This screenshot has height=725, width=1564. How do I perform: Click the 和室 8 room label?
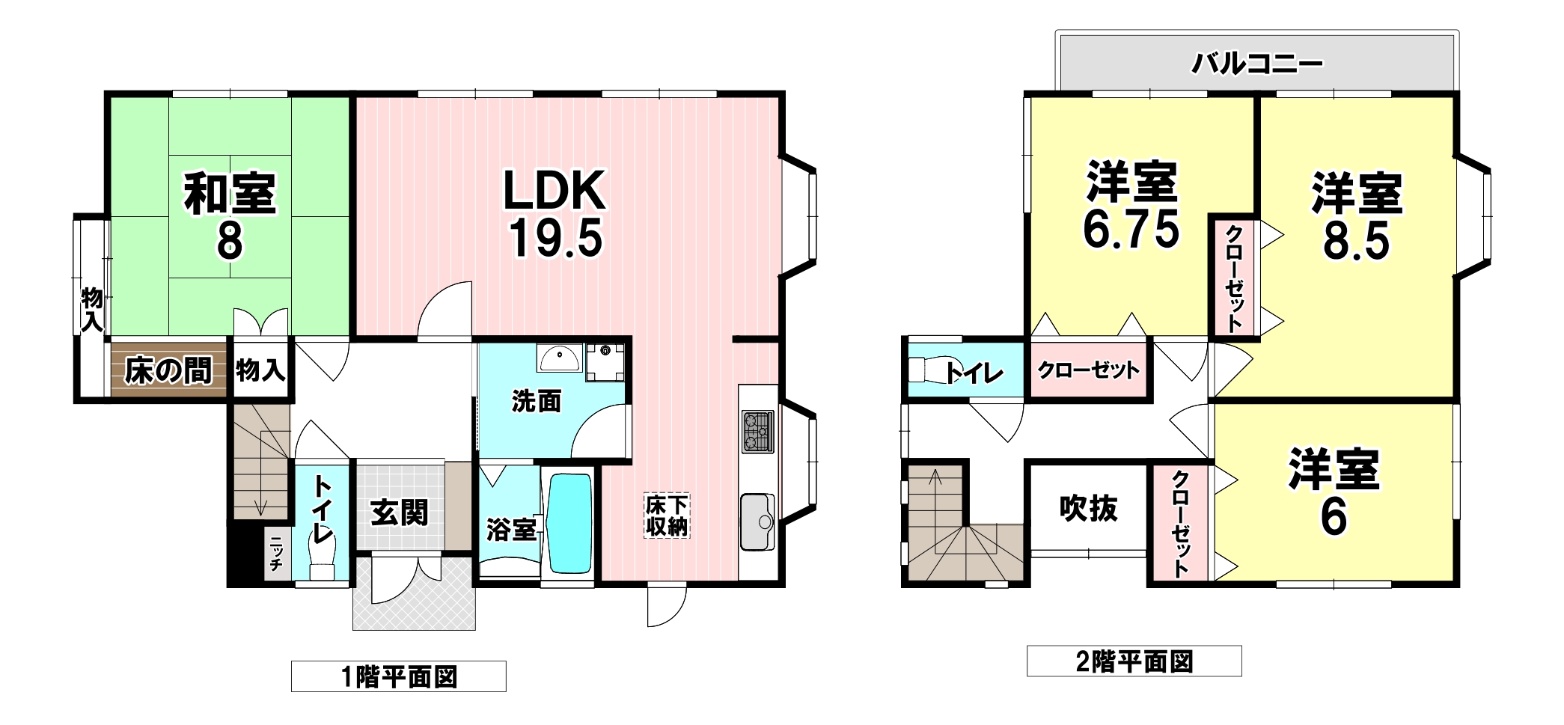[x=230, y=215]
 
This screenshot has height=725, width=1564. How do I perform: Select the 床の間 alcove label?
[x=168, y=370]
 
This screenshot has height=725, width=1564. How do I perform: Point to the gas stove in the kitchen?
[x=760, y=432]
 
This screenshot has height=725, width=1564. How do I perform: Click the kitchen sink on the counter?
[x=757, y=522]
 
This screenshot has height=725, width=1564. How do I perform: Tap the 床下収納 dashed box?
[x=666, y=516]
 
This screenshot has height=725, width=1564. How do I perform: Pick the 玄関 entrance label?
[x=399, y=513]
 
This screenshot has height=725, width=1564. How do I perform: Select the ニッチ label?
[x=275, y=554]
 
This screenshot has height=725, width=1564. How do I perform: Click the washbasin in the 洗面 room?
[x=558, y=359]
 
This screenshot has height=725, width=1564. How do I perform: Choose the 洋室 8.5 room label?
[x=1356, y=215]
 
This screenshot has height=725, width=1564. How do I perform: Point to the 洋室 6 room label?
[x=1334, y=493]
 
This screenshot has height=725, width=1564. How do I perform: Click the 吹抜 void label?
[x=1088, y=509]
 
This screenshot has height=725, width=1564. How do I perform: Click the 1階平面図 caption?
[x=398, y=677]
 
